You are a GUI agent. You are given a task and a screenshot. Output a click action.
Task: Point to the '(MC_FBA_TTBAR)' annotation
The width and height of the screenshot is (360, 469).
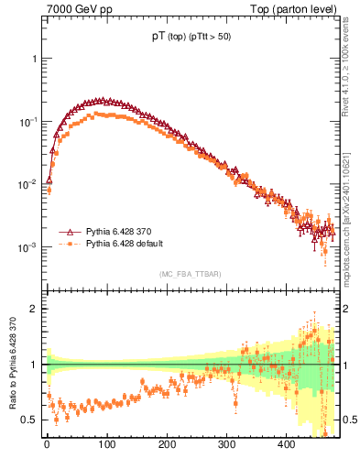pyautogui.click(x=190, y=274)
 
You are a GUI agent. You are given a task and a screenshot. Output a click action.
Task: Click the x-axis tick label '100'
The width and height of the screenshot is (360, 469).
pyautogui.click(x=106, y=444)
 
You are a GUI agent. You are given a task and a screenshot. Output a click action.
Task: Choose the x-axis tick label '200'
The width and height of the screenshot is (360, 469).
pyautogui.click(x=166, y=444)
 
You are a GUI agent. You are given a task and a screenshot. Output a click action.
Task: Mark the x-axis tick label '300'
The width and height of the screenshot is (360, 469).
pyautogui.click(x=226, y=444)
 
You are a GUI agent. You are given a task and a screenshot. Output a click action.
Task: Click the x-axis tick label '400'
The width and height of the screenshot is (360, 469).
pyautogui.click(x=286, y=444)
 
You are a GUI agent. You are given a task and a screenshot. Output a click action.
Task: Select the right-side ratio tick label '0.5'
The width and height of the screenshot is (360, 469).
pyautogui.click(x=350, y=420)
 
